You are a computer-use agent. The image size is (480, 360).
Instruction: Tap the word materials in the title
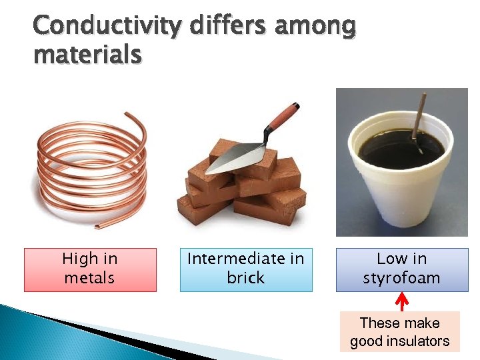(x=87, y=55)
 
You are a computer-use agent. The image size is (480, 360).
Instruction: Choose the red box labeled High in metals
(x=90, y=269)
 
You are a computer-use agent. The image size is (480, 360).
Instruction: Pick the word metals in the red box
(x=89, y=278)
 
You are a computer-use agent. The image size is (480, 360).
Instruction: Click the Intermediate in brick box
(x=245, y=269)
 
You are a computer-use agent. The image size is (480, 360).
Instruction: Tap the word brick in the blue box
(x=245, y=278)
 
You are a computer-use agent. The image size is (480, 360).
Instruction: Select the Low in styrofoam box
(x=401, y=269)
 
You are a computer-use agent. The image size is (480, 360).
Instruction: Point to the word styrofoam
(x=401, y=278)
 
